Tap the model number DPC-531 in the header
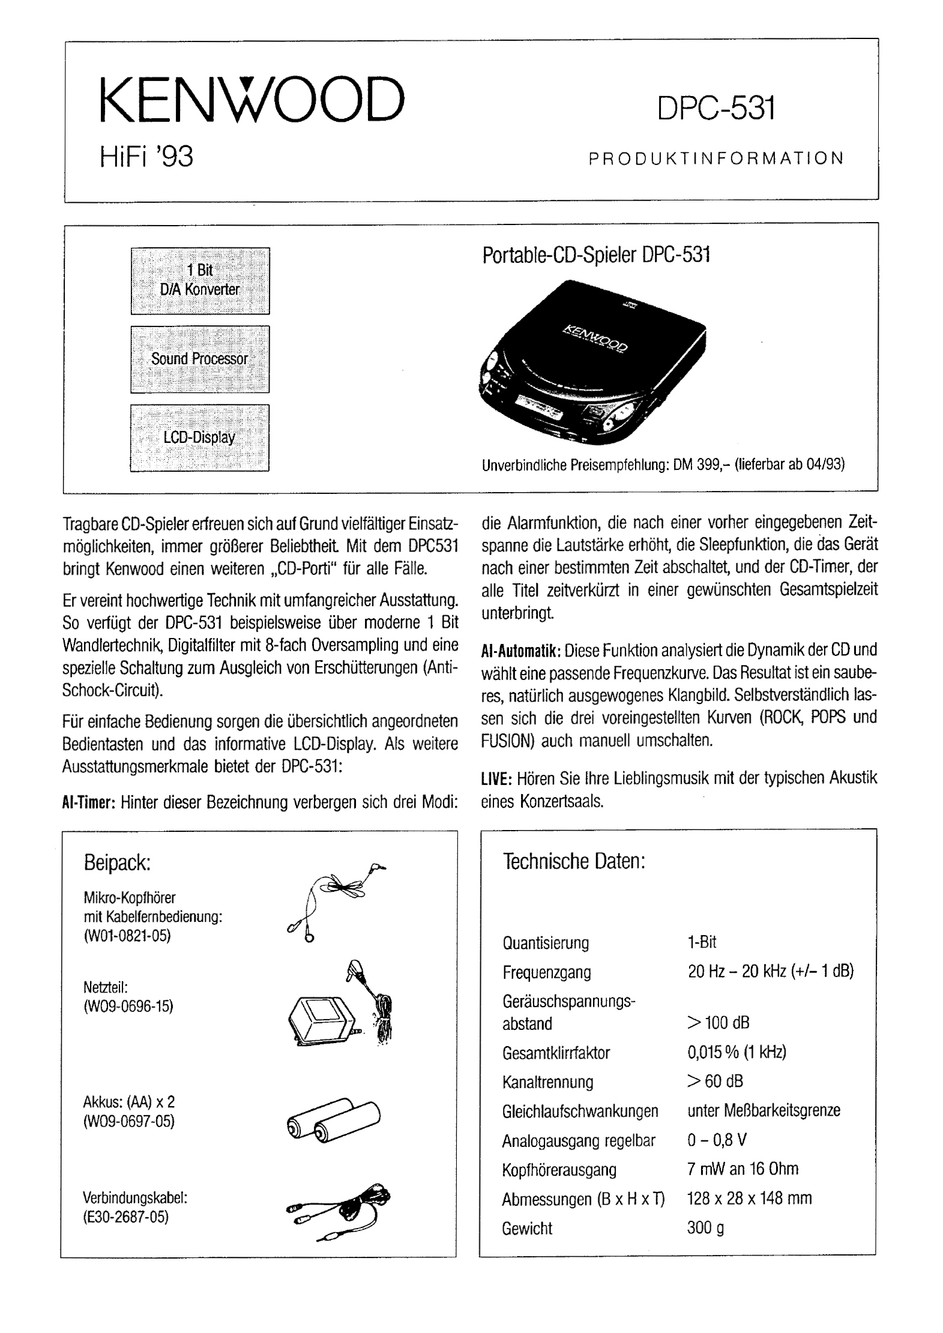coord(716,109)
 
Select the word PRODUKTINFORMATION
coord(716,158)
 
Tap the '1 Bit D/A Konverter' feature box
coord(200,280)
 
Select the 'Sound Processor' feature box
coord(200,359)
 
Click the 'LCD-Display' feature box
coord(200,438)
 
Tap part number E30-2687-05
coord(126,1217)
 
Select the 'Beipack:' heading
coord(116,863)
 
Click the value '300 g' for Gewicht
coord(705,1228)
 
